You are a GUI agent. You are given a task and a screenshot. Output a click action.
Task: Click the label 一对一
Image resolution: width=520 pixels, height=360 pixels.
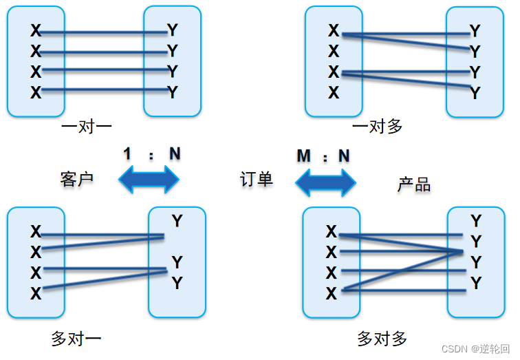pyautogui.click(x=86, y=127)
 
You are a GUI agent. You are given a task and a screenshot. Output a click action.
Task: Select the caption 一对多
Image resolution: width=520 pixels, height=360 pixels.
pyautogui.click(x=377, y=127)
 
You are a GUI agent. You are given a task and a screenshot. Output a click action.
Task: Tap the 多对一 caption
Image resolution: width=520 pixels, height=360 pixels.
pyautogui.click(x=76, y=338)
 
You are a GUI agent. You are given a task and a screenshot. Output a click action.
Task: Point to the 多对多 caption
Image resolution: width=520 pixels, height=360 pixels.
pyautogui.click(x=382, y=338)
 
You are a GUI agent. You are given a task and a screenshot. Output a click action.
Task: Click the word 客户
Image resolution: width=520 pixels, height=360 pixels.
pyautogui.click(x=76, y=180)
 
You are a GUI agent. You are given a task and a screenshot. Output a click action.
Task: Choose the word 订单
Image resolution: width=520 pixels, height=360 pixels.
pyautogui.click(x=257, y=180)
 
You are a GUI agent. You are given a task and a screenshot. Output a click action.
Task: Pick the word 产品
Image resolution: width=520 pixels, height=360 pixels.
pyautogui.click(x=414, y=184)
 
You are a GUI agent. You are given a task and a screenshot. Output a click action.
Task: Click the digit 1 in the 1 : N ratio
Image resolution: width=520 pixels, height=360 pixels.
pyautogui.click(x=127, y=153)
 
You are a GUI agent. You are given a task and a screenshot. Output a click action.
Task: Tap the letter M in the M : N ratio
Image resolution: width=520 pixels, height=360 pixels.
pyautogui.click(x=305, y=156)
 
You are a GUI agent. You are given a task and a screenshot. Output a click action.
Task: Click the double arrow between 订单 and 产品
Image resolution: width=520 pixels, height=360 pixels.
pyautogui.click(x=325, y=182)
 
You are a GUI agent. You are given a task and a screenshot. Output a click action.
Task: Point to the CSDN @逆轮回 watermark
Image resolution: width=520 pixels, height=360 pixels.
pyautogui.click(x=475, y=349)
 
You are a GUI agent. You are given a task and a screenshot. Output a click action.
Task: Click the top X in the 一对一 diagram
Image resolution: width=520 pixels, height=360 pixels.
pyautogui.click(x=36, y=31)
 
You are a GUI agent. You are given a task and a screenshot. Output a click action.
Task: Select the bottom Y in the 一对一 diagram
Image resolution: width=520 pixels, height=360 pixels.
pyautogui.click(x=173, y=92)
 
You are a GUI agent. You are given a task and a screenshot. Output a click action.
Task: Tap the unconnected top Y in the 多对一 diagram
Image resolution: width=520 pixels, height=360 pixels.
pyautogui.click(x=177, y=221)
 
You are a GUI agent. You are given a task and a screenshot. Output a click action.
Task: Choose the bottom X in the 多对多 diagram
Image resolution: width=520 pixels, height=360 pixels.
pyautogui.click(x=332, y=293)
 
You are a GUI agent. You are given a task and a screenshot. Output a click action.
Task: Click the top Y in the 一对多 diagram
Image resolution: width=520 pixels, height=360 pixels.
pyautogui.click(x=475, y=31)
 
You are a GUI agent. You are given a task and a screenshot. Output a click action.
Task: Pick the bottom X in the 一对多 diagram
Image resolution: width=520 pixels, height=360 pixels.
pyautogui.click(x=334, y=92)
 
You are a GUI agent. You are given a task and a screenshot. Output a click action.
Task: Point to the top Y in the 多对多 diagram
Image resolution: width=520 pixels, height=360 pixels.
pyautogui.click(x=476, y=221)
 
